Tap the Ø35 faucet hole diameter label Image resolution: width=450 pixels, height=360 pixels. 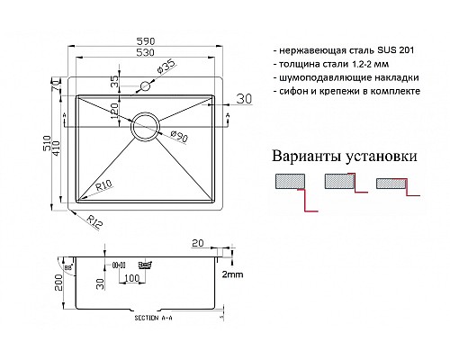[x=170, y=67]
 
